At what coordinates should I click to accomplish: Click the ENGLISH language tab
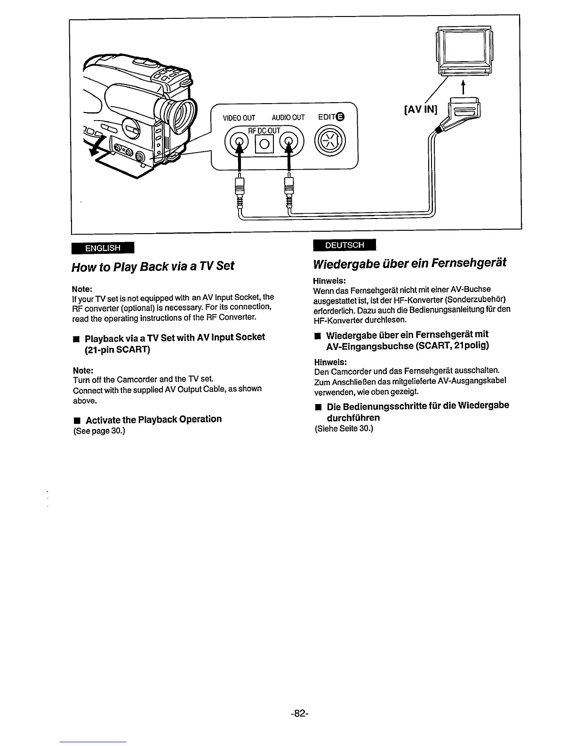[x=103, y=248]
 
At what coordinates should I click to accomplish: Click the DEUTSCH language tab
[x=344, y=245]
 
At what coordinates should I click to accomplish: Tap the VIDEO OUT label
[x=239, y=118]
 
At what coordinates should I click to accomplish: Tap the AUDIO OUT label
[x=288, y=118]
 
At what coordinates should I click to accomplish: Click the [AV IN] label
[x=420, y=110]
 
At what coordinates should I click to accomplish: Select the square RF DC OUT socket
[x=264, y=144]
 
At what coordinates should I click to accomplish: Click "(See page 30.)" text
[x=99, y=431]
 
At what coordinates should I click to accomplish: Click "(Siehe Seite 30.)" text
[x=344, y=429]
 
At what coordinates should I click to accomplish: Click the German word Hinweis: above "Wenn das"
[x=329, y=280]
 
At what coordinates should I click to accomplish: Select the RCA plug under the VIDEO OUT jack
[x=240, y=188]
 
